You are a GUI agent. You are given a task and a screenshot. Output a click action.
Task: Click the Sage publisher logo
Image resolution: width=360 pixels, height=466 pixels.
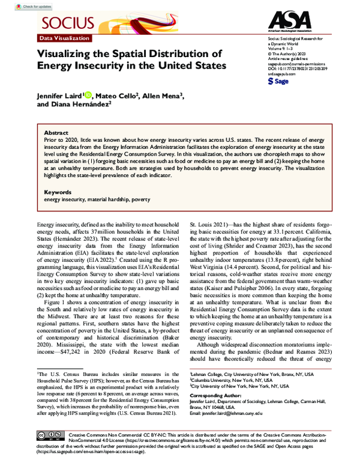278,80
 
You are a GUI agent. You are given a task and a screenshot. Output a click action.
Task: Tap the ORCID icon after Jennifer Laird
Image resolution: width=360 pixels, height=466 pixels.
89,94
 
